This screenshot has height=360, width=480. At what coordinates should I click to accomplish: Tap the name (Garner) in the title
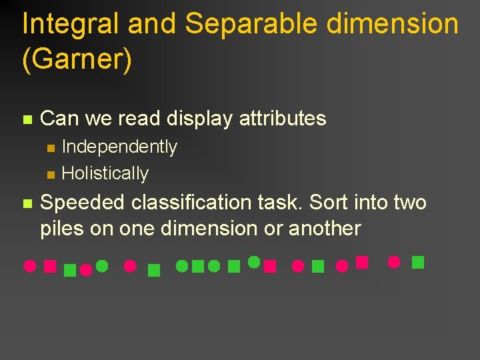[77, 59]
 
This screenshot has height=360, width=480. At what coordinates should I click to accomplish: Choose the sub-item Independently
[119, 147]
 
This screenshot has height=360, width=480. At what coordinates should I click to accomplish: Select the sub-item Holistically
[105, 173]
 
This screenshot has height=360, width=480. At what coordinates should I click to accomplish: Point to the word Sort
[327, 202]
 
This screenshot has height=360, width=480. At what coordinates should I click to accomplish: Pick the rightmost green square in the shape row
[418, 262]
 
